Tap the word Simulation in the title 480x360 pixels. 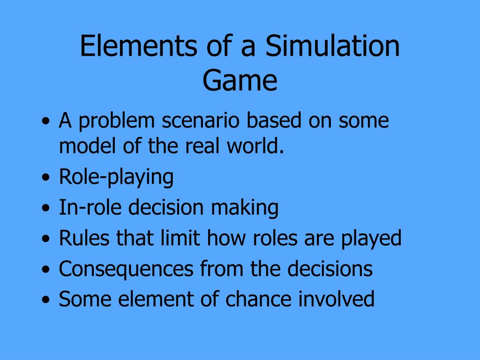[332, 47]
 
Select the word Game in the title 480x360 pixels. [240, 80]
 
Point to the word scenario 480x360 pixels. [202, 121]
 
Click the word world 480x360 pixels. [260, 147]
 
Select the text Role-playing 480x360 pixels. [116, 178]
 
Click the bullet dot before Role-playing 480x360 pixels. [46, 179]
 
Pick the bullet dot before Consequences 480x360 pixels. [46, 270]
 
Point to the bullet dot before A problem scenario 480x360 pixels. [46, 122]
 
